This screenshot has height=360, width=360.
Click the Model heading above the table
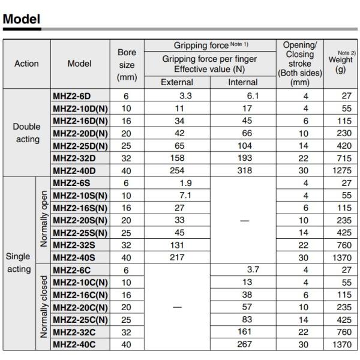pos(22,19)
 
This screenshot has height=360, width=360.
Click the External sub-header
pos(177,82)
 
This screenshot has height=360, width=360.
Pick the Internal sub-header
pos(243,82)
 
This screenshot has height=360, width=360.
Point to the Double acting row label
pos(26,133)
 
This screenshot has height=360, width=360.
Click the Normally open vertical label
pos(43,220)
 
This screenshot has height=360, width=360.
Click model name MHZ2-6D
pos(71,95)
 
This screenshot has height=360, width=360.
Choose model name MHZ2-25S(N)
pos(80,232)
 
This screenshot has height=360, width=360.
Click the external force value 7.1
pos(184,196)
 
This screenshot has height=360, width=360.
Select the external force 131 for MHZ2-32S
pos(177,245)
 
